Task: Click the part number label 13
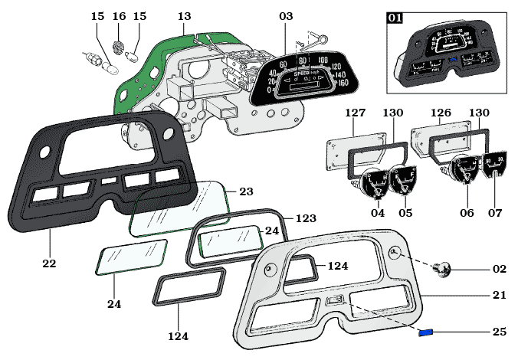[185, 16]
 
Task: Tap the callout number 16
[119, 16]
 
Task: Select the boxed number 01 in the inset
[395, 18]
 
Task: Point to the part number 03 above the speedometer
[286, 16]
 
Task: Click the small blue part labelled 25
[426, 332]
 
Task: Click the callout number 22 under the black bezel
[49, 263]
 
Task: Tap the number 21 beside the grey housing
[498, 295]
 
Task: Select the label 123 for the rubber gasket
[306, 218]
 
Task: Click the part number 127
[355, 113]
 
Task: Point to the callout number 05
[405, 213]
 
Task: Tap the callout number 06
[467, 213]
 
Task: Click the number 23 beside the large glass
[245, 191]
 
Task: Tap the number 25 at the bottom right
[498, 332]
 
